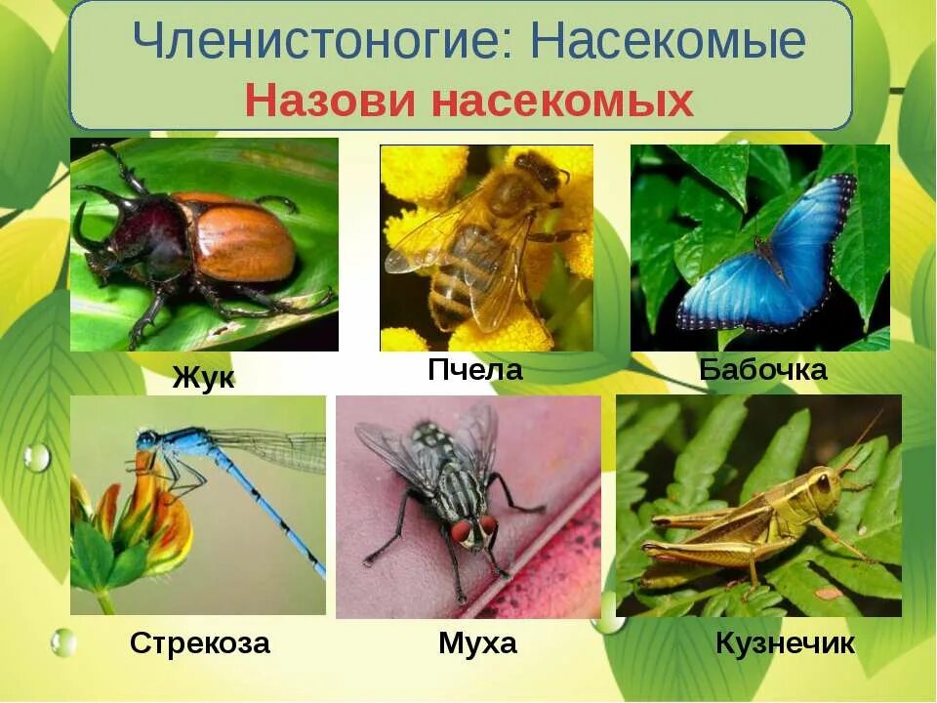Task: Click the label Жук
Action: [203, 378]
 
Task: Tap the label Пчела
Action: [475, 370]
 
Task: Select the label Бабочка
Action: [762, 370]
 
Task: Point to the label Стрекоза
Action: [199, 643]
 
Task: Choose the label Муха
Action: [477, 643]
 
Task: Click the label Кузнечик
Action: [785, 643]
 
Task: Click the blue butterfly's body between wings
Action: [771, 258]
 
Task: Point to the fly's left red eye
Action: [459, 530]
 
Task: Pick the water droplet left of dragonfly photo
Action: [37, 457]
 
